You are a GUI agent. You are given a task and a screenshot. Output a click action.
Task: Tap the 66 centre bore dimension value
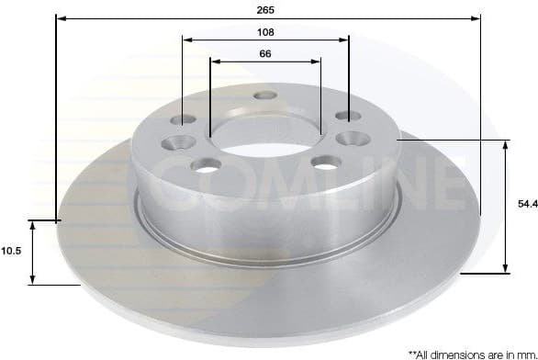[x=265, y=53]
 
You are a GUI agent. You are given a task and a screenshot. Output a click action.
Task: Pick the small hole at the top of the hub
[x=266, y=95]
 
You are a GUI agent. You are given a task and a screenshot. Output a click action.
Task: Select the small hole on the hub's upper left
[x=187, y=119]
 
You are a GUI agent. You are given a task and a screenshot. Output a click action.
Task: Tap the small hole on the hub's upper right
[x=344, y=116]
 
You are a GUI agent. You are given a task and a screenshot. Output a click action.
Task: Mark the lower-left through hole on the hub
[x=207, y=165]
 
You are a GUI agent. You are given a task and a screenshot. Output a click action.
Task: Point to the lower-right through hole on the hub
[x=325, y=162]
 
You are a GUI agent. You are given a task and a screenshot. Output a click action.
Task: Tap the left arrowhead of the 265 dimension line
[x=60, y=17]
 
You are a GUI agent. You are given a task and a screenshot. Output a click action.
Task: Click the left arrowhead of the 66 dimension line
[x=214, y=62]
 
